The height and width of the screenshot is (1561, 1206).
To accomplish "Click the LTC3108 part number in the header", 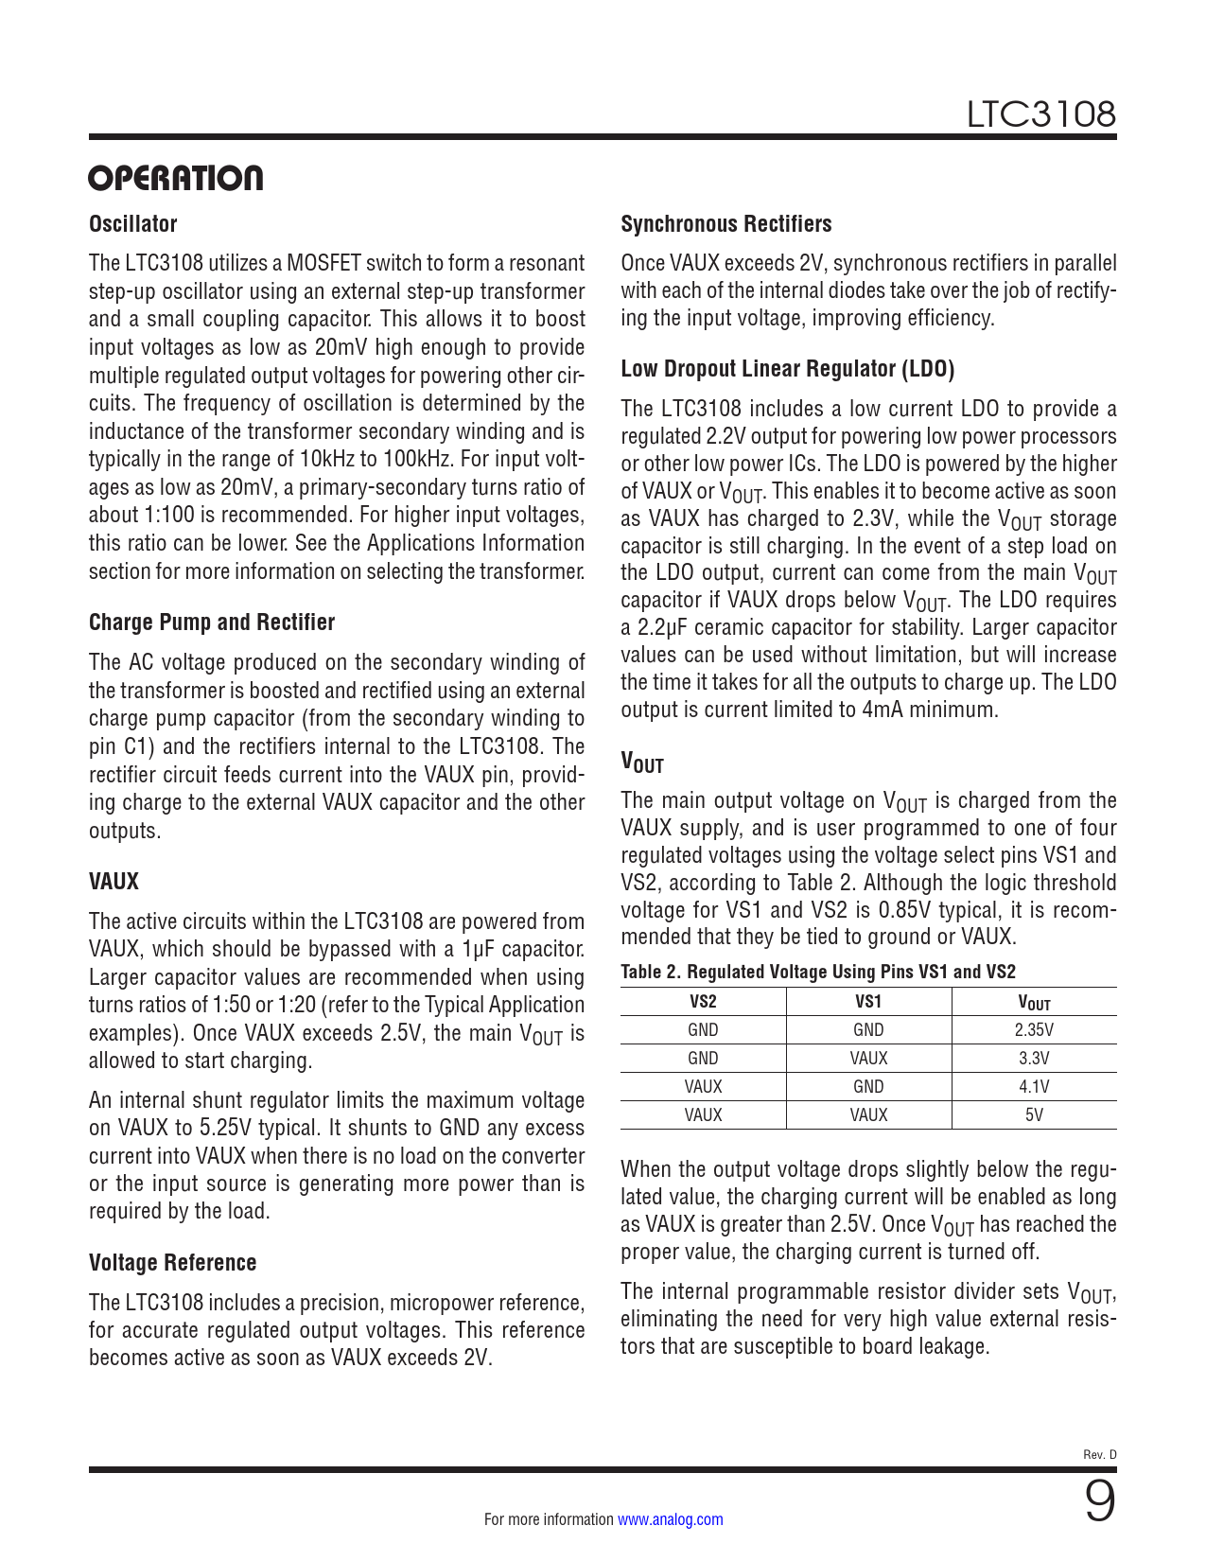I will point(1040,114).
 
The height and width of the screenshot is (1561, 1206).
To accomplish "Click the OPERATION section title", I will point(176,178).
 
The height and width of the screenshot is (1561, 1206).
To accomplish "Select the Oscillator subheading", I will point(133,224).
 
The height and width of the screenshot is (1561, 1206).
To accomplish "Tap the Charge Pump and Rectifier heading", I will point(212,623).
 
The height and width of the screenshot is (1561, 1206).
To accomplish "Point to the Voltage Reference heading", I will point(173,1263).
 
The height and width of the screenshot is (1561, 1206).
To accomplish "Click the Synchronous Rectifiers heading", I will point(726,224).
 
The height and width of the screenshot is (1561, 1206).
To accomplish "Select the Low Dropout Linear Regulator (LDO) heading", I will point(787,369).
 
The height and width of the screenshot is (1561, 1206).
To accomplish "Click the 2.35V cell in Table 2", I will point(1034,1030).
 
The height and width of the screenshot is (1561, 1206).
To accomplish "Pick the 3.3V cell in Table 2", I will point(1034,1059).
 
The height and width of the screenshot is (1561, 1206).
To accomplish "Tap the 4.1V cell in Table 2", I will point(1034,1087).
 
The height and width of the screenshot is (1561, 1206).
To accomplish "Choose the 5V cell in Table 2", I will point(1034,1115).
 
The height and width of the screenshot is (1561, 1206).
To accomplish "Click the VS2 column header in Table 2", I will point(703,1002).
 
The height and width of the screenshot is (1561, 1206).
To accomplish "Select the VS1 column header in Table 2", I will point(868,1002).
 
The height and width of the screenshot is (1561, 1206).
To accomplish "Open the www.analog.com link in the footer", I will point(671,1519).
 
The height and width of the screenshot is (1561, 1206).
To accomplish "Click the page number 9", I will point(1099,1502).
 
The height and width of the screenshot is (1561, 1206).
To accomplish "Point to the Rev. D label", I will point(1099,1455).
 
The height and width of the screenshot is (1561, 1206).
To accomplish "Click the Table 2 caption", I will point(818,972).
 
